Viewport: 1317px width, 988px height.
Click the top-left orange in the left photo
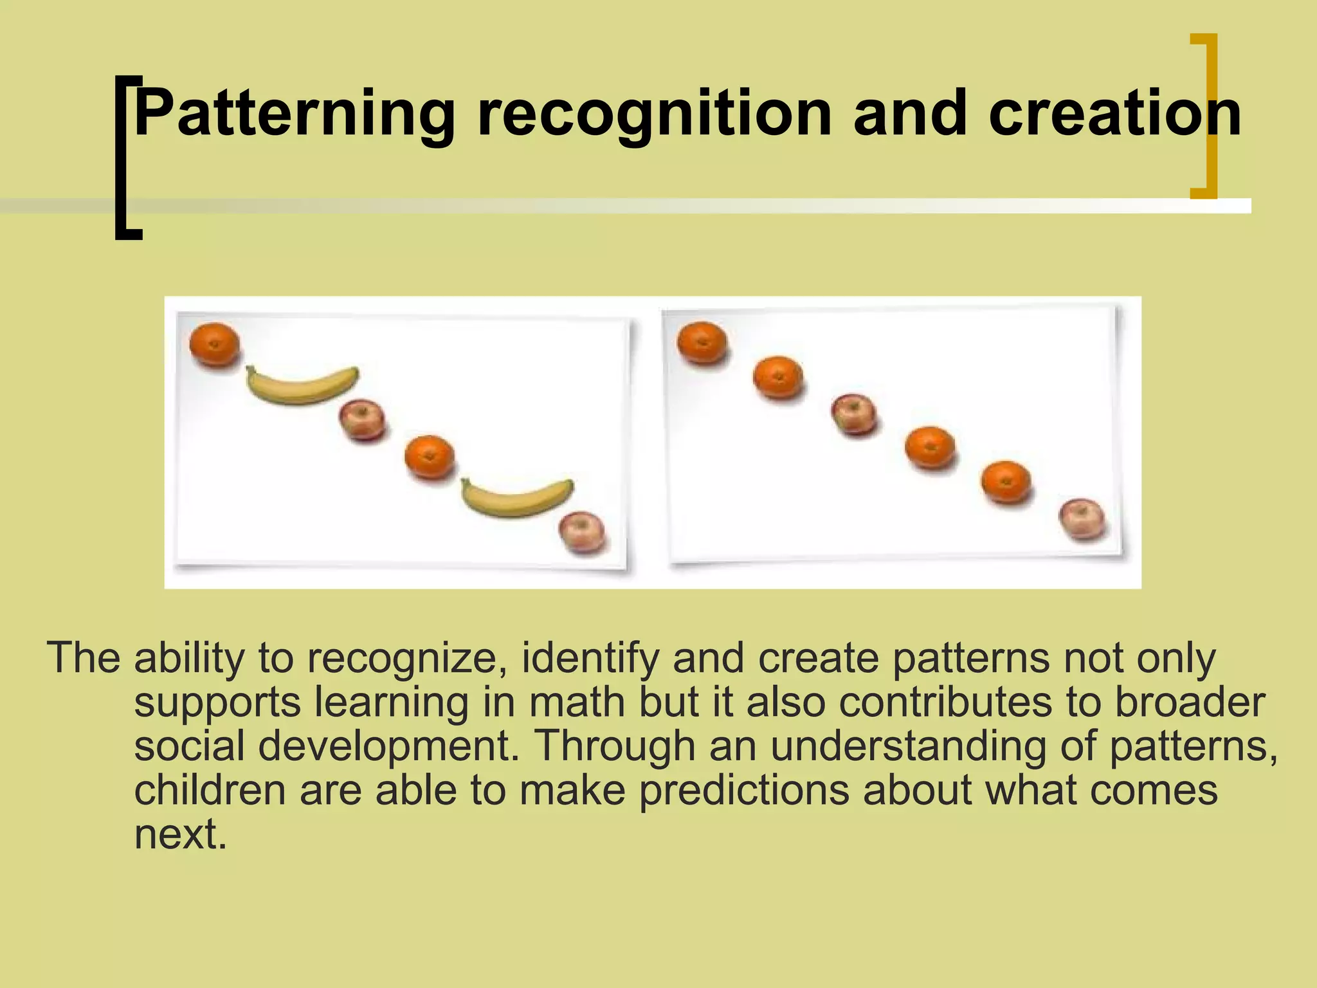[214, 345]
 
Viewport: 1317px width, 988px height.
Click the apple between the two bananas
[362, 419]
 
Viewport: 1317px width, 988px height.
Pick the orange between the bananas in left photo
[430, 457]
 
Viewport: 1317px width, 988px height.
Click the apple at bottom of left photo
[582, 532]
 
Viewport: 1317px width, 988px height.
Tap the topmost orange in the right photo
[702, 343]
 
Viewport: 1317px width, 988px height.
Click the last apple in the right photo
[1082, 518]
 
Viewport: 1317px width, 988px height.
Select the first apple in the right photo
[853, 414]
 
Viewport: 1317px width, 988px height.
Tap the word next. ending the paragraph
[180, 834]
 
